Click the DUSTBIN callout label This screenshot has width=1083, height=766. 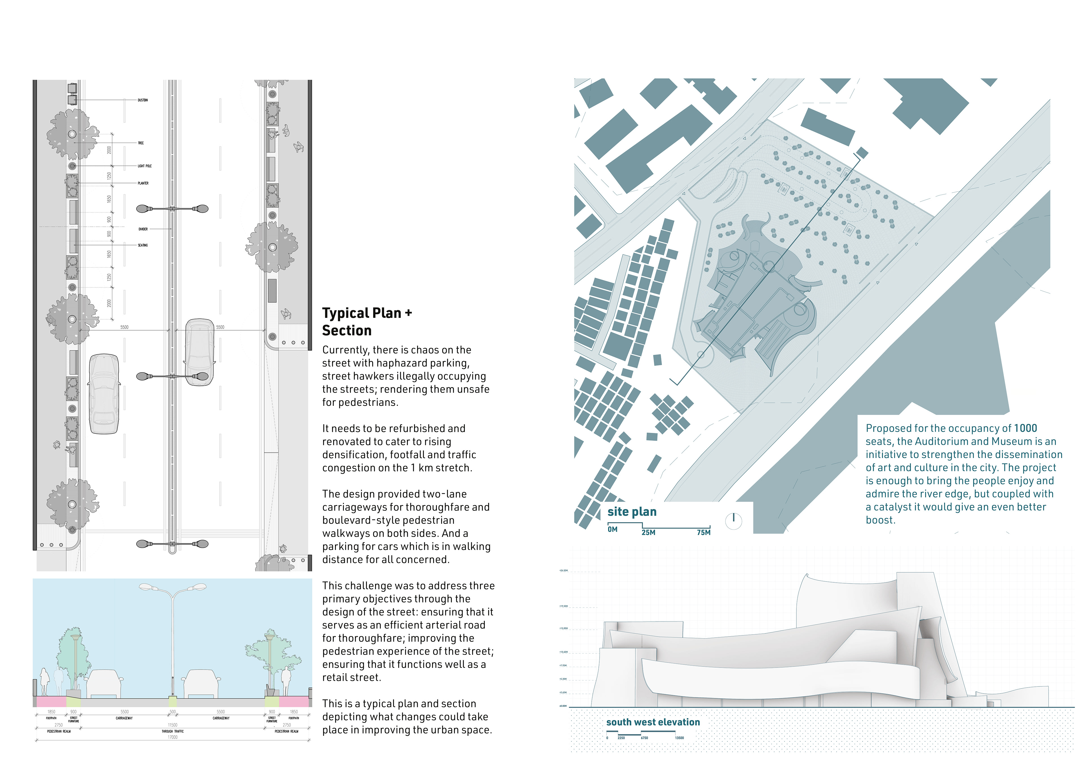[142, 100]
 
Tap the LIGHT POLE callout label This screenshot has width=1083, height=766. [144, 166]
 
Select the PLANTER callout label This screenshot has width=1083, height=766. [143, 183]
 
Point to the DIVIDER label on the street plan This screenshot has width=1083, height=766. [143, 229]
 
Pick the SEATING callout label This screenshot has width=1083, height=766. [142, 245]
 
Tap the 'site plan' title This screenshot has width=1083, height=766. [631, 512]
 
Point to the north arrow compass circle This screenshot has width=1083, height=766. [734, 521]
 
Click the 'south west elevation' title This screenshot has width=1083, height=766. [653, 722]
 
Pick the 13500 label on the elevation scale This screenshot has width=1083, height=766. [679, 738]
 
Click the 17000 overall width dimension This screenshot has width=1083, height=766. [173, 737]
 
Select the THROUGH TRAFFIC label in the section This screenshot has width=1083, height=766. [173, 731]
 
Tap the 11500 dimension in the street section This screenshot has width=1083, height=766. [173, 725]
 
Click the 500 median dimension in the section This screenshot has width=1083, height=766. [173, 712]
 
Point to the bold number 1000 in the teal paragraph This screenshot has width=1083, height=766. [1025, 428]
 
